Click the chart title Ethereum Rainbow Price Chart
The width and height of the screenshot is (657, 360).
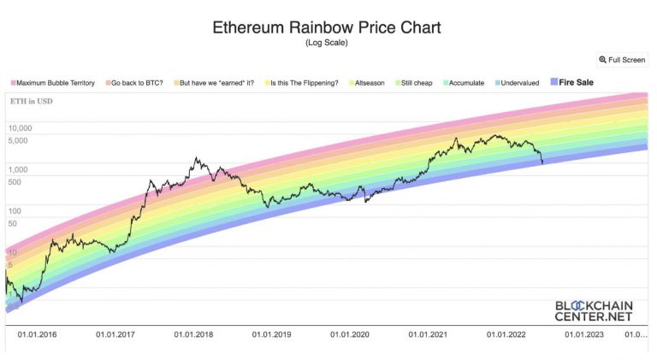[327, 27]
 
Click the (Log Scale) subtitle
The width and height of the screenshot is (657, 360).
[327, 43]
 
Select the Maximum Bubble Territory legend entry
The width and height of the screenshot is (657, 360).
[54, 83]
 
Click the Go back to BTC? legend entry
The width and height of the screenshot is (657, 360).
[135, 83]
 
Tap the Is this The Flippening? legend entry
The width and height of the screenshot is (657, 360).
[301, 83]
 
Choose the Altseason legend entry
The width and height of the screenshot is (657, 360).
[365, 83]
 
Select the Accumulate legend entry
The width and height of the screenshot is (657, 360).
[467, 83]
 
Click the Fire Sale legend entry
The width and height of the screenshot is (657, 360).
[573, 83]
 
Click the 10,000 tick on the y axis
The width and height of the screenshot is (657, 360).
[20, 128]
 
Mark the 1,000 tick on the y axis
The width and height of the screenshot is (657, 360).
[18, 169]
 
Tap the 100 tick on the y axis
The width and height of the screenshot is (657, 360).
[15, 210]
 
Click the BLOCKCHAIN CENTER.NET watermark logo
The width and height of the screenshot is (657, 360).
[592, 310]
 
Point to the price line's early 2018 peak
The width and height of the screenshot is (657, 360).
[197, 157]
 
